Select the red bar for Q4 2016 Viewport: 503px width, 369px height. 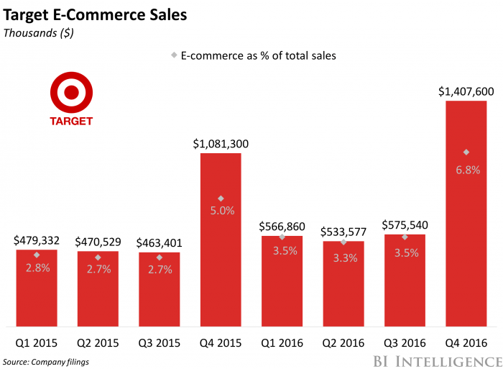coord(466,216)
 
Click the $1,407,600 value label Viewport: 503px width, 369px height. coord(466,92)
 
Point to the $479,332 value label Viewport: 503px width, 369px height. coord(36,241)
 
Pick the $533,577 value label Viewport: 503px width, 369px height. coord(343,232)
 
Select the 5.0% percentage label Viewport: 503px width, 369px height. coord(221,211)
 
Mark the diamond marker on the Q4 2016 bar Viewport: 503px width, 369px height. coord(466,152)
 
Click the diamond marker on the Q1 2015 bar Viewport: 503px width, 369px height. coord(36,255)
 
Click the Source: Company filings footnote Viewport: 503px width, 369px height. coord(46,361)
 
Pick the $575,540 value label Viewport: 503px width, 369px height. coord(405,224)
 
